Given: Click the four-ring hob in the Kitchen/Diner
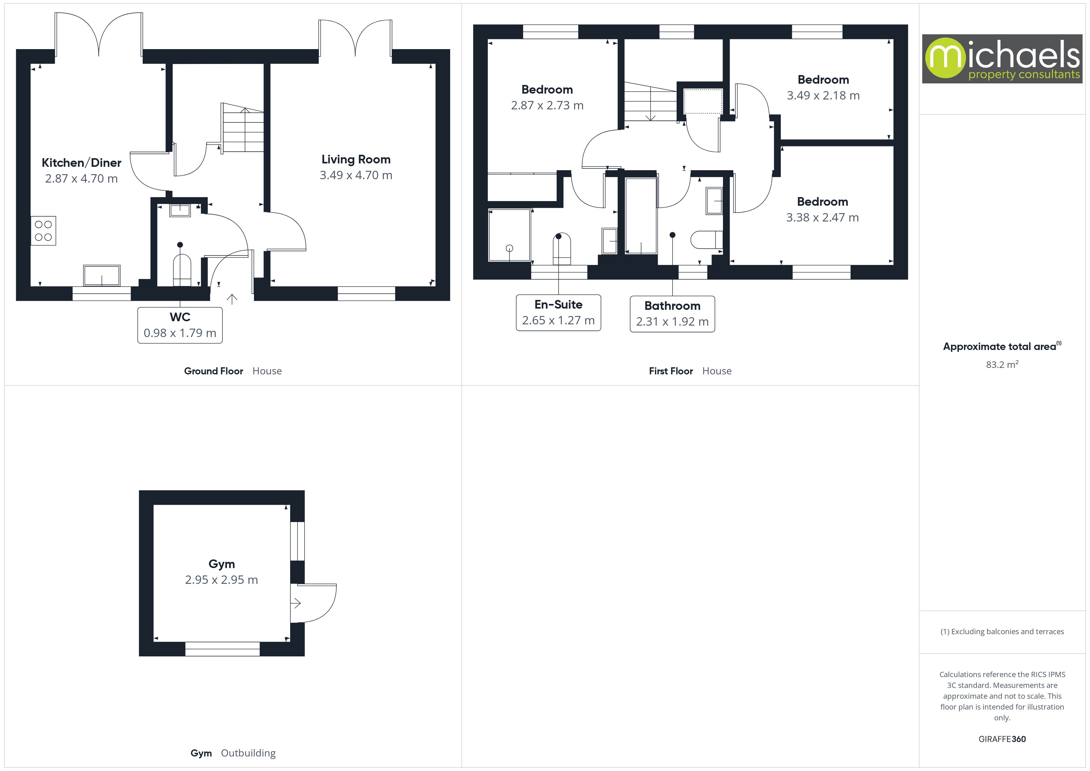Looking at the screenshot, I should point(43,231).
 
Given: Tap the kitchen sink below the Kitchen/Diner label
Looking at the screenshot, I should point(102,275).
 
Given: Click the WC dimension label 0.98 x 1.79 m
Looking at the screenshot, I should point(180,333).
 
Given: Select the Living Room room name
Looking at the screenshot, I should point(356,159).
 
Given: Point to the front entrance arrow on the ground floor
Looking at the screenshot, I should point(232,299).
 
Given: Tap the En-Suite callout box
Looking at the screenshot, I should point(558,312).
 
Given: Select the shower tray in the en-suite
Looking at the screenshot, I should point(509,234).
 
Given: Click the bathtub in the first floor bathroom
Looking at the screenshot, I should point(641,216).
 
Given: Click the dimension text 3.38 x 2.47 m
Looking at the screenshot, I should point(822,217).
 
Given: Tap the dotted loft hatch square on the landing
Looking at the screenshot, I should point(703,101).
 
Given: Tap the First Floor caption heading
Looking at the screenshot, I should point(670,371).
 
